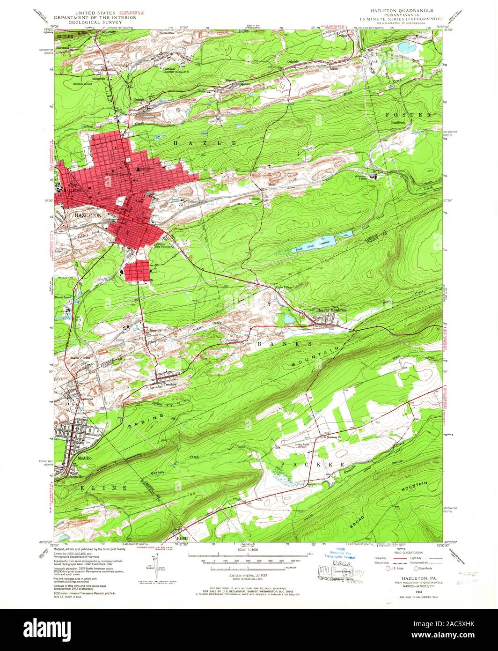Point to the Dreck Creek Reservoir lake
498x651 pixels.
point(313,244)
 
